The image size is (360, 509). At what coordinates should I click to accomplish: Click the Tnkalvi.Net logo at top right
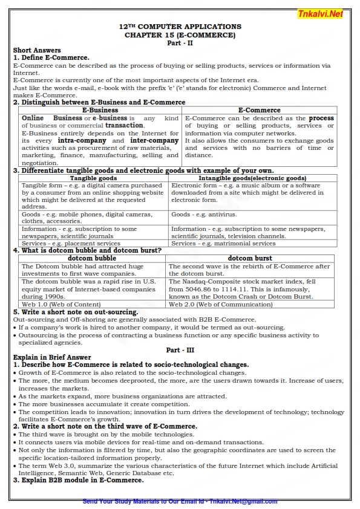click(320, 13)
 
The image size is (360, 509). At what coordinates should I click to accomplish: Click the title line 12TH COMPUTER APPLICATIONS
click(180, 27)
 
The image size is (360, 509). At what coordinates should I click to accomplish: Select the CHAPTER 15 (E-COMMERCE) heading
click(180, 35)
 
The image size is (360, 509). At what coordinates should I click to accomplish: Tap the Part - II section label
click(180, 43)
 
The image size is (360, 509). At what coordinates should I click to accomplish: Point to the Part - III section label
click(180, 350)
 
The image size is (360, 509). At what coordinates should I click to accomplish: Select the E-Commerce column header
click(259, 110)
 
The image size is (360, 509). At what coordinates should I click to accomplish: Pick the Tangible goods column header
click(93, 178)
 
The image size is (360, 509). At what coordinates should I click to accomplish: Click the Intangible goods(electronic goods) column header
click(252, 178)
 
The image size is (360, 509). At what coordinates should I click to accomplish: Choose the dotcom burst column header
click(249, 258)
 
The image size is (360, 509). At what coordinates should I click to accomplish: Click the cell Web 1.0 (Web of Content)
click(61, 305)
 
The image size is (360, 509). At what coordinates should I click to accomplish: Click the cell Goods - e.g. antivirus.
click(204, 215)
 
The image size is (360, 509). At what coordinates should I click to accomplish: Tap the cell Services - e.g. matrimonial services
click(223, 244)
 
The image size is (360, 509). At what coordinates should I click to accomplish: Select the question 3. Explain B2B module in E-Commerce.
click(78, 481)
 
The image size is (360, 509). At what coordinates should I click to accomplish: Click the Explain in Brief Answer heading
click(52, 357)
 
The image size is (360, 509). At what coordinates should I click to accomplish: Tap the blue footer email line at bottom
click(180, 501)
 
